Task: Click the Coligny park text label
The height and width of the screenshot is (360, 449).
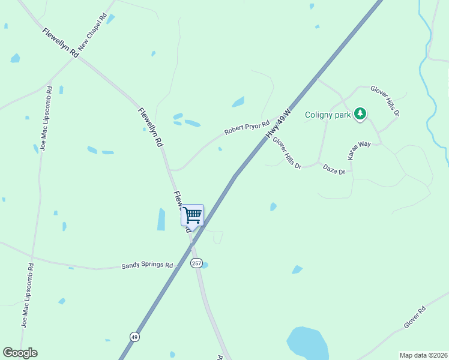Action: [328, 115]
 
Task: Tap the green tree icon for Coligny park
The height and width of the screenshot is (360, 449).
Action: [360, 113]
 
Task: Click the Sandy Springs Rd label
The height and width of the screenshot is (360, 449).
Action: [147, 265]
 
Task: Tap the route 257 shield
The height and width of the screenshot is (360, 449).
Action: [196, 263]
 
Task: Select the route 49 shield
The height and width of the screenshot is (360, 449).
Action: [134, 336]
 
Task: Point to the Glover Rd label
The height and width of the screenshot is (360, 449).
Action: [414, 317]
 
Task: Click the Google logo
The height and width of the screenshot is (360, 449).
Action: [20, 353]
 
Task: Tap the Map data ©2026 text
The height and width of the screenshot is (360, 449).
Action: [423, 355]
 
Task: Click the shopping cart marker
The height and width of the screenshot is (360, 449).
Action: [192, 215]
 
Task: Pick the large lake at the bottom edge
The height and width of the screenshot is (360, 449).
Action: [307, 343]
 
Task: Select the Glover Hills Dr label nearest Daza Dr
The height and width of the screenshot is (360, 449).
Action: [286, 152]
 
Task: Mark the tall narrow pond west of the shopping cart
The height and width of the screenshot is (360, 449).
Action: [161, 219]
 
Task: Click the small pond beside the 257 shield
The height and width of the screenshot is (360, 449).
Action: [205, 265]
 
